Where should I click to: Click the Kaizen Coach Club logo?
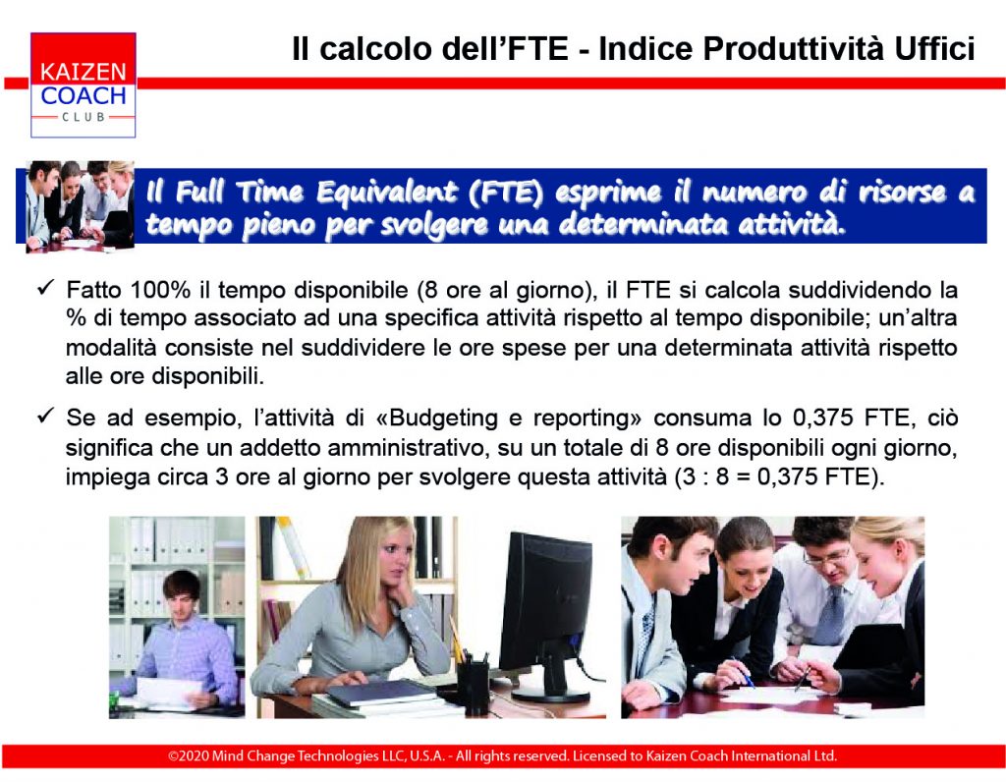coord(83,84)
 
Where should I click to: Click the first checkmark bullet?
coord(45,288)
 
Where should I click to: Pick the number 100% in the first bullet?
coord(160,290)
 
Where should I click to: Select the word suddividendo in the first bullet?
coord(858,290)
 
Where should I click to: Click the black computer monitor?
coord(546,605)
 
